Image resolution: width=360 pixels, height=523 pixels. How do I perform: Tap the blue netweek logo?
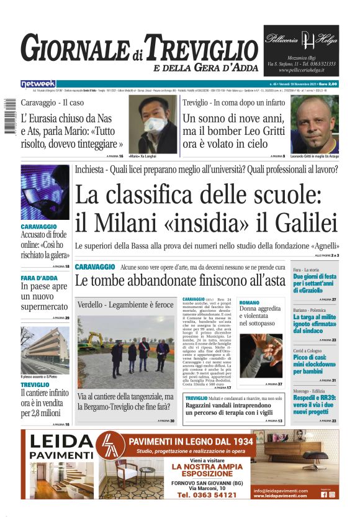point(38,83)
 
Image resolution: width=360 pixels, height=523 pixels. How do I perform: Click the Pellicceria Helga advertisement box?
point(301,50)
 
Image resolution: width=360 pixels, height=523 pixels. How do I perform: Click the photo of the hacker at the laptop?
point(45,192)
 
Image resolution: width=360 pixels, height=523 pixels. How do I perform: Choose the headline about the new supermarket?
point(45,296)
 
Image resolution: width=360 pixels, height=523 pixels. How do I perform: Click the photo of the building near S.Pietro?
point(45,350)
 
